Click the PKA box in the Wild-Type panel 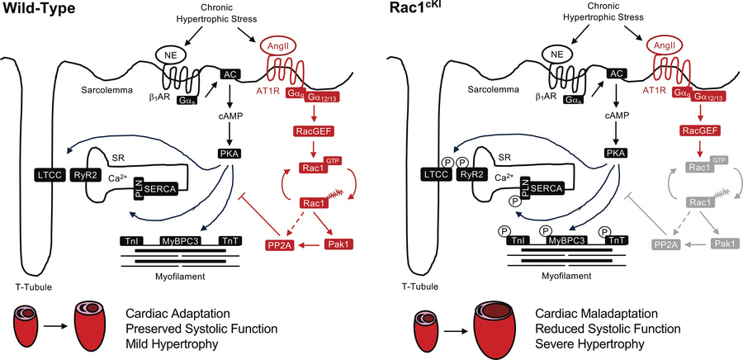[230, 152]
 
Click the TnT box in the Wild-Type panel [230, 240]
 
